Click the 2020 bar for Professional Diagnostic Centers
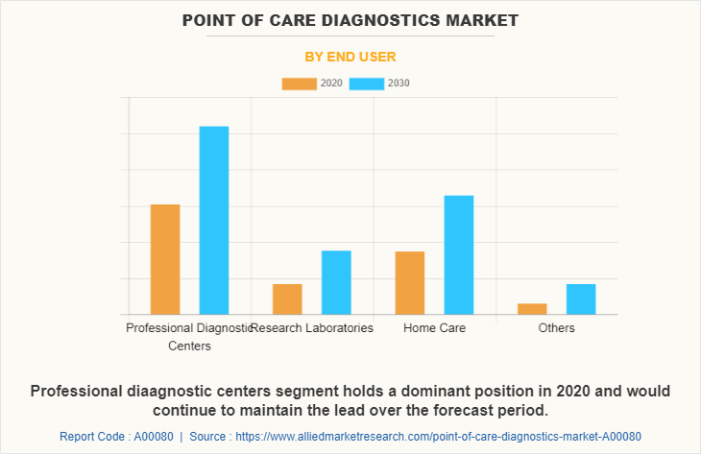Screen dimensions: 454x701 point(165,259)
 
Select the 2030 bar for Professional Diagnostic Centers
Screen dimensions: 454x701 point(214,220)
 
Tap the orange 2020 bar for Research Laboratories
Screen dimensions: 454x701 point(287,299)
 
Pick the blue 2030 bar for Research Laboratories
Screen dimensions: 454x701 point(336,282)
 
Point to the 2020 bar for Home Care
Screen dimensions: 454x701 point(410,282)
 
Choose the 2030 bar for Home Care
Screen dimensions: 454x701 point(459,254)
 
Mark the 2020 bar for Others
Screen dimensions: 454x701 point(532,308)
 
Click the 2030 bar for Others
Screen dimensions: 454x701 point(581,299)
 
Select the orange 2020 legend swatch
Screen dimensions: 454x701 point(299,84)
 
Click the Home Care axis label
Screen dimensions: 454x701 point(434,328)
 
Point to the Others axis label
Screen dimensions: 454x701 point(557,328)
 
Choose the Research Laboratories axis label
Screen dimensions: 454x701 point(313,328)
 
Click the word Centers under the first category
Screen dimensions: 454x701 point(189,346)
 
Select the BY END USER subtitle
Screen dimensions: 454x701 point(350,57)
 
